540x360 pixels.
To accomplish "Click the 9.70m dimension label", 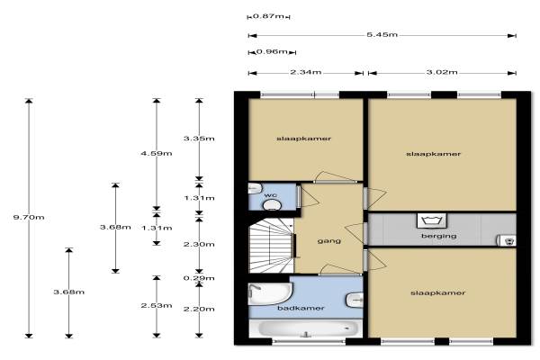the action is tap(29, 218).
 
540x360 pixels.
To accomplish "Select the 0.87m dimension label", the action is tap(268, 16).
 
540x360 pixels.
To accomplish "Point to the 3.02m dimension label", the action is tap(442, 72).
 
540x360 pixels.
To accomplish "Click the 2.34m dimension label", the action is tap(306, 72).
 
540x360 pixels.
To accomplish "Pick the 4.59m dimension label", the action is tap(157, 153).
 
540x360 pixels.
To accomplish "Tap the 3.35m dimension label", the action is tap(199, 139).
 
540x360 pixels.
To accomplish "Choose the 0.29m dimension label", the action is tap(199, 278).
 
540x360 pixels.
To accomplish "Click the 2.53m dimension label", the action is tap(157, 306).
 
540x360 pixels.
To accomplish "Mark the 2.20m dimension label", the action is tap(199, 309).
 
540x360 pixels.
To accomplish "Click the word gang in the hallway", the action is tap(329, 241).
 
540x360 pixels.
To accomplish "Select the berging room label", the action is tap(439, 237).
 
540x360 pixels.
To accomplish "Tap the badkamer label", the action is tap(301, 308).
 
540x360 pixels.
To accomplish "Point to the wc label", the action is tap(271, 195).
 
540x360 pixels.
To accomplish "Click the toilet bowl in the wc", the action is tap(272, 205).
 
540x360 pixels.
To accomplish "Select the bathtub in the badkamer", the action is tap(306, 328).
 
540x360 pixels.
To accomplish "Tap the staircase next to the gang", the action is tap(271, 246).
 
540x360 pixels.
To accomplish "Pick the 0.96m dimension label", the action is tap(272, 51).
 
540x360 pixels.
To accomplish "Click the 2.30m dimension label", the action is tap(199, 244).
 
